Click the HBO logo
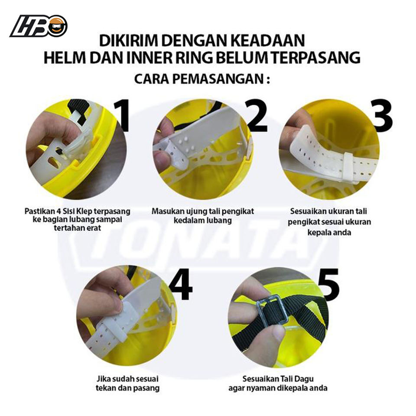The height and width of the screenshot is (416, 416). click(39, 26)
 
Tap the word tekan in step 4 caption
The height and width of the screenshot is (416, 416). click(105, 388)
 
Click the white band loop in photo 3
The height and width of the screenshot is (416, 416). click(349, 169)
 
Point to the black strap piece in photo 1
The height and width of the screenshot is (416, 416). click(75, 108)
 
